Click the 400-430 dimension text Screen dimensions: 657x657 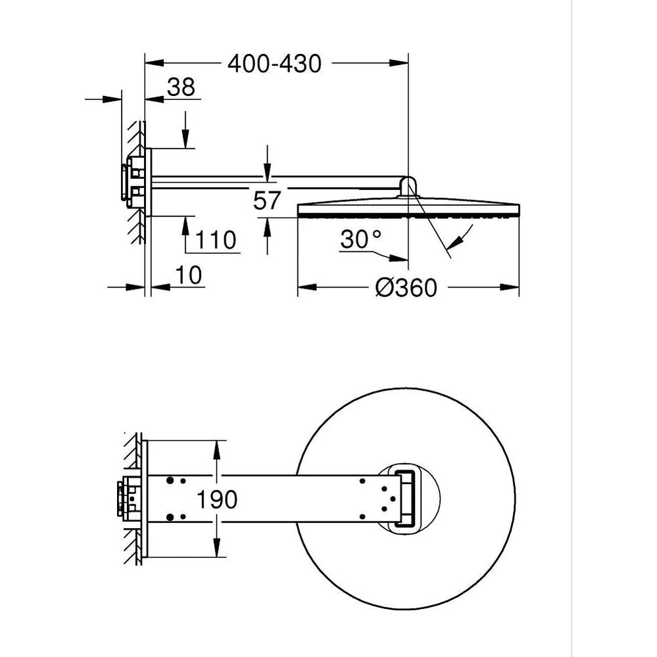[274, 64]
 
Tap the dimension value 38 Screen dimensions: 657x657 [181, 87]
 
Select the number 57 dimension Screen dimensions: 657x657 [266, 201]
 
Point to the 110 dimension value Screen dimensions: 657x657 [216, 240]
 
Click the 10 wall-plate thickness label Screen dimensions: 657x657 [188, 276]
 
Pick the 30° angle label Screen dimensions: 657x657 [361, 239]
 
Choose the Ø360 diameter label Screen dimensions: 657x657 [406, 287]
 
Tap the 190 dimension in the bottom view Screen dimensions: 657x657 [217, 499]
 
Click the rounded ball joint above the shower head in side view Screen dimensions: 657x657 [408, 187]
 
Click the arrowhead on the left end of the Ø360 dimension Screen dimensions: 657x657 [306, 287]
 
